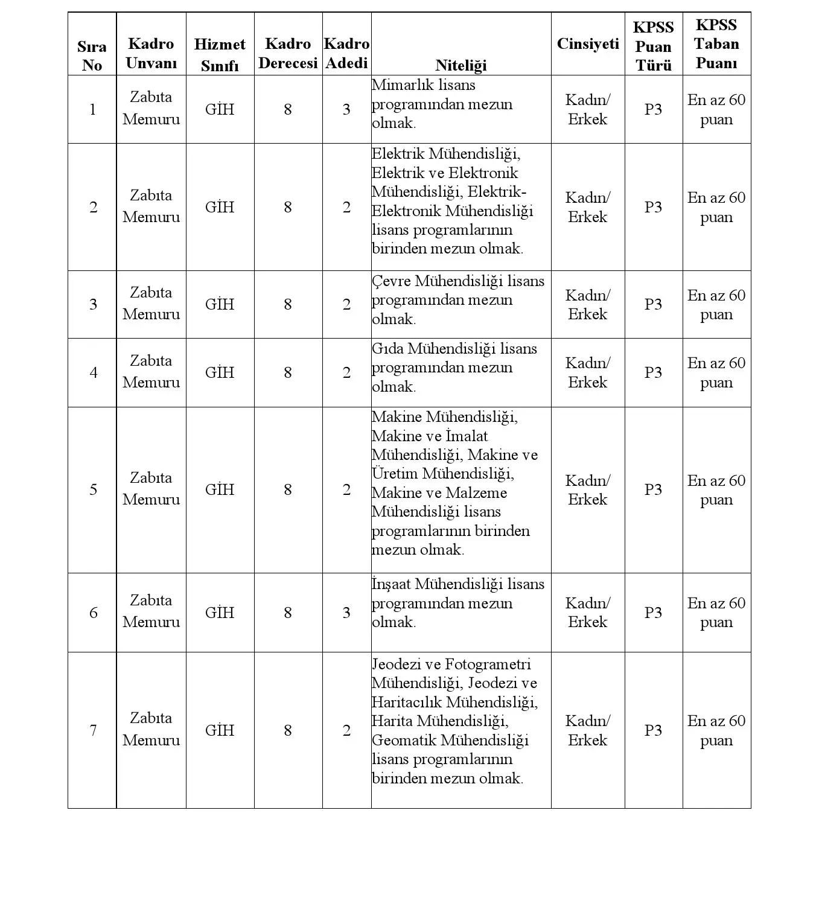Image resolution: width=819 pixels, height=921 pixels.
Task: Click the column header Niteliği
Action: click(x=460, y=65)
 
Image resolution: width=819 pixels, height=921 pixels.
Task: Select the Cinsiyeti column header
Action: click(x=587, y=44)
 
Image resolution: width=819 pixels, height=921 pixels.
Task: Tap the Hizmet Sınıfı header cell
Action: click(x=220, y=54)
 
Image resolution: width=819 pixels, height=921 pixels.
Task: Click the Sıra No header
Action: click(x=92, y=56)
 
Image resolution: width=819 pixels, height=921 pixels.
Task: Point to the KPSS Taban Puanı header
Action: click(x=716, y=44)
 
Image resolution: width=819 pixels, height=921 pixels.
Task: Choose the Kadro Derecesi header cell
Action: click(x=288, y=53)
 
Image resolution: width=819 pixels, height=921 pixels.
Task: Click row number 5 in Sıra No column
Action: click(x=93, y=489)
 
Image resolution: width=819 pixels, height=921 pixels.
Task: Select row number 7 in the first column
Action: click(x=93, y=730)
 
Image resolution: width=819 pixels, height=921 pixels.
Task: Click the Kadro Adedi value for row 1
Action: click(x=346, y=109)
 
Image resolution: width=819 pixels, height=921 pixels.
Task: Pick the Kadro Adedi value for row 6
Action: click(x=346, y=613)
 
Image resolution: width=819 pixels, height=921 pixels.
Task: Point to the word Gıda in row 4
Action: click(x=387, y=349)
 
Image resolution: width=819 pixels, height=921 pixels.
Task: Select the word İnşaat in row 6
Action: click(x=391, y=584)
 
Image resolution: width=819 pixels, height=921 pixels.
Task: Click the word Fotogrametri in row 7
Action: click(x=488, y=664)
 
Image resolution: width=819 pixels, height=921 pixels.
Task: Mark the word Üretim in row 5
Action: click(x=395, y=474)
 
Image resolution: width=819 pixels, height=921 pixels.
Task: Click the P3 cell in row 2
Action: click(x=653, y=207)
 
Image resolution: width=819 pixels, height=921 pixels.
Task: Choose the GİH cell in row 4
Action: click(x=220, y=372)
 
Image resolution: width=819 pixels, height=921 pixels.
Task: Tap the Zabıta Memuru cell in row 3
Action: click(x=151, y=304)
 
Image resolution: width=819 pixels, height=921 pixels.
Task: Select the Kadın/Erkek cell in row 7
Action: click(x=587, y=730)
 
